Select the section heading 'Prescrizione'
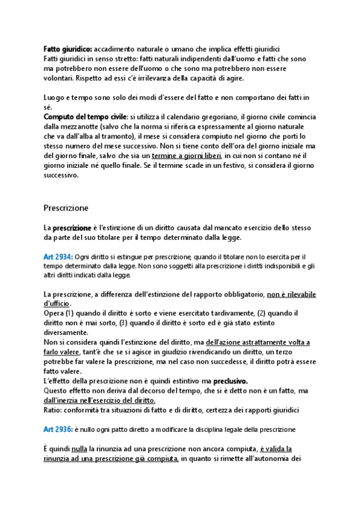coord(66,207)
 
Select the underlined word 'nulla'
coord(79,449)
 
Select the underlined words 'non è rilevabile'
coord(291,294)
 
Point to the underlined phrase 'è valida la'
coord(276,449)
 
